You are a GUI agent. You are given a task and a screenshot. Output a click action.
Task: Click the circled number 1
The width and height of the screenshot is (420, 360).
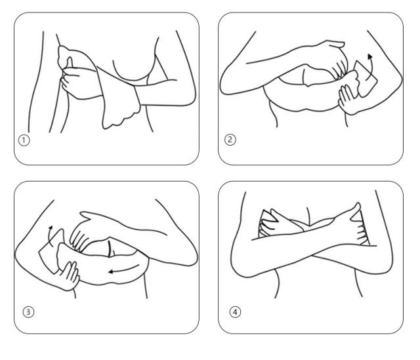point(24,140)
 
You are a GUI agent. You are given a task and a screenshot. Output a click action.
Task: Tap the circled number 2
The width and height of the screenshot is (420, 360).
point(230,140)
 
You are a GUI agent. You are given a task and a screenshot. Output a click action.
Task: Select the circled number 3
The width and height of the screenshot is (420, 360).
point(28,312)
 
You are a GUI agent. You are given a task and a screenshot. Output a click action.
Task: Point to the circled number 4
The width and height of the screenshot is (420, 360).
point(235,312)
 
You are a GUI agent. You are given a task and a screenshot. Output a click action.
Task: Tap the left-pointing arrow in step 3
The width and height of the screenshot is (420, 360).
point(124,270)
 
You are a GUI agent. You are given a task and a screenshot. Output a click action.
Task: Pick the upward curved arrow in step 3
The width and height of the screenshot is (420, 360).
point(49,236)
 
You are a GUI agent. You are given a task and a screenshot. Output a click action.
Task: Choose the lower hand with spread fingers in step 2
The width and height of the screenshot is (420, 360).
point(348,99)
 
